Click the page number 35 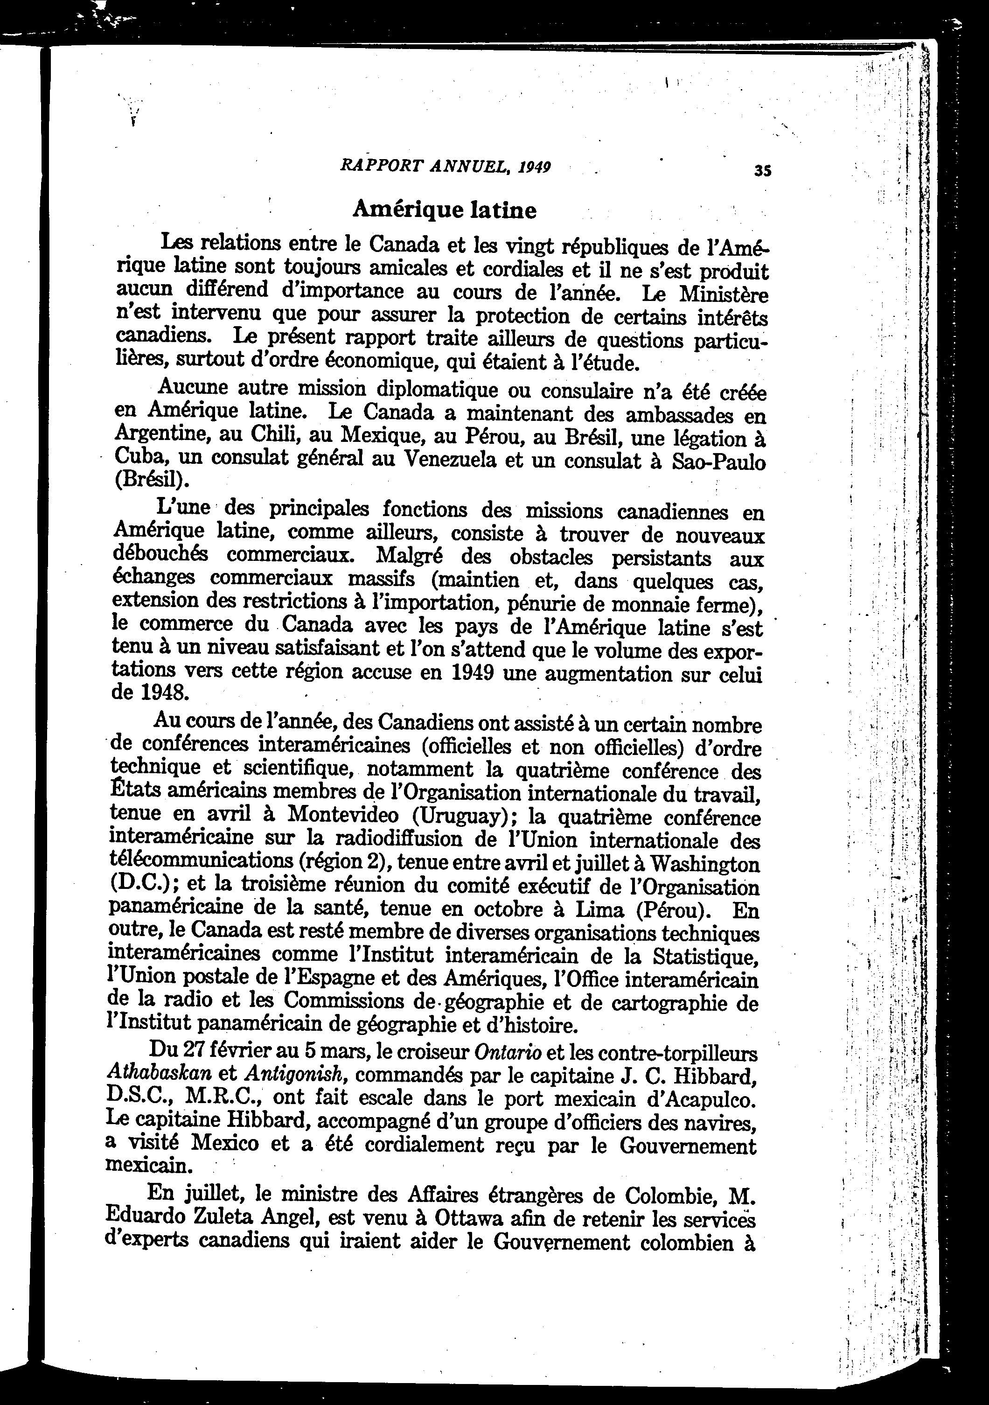pyautogui.click(x=763, y=171)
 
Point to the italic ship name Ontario pyautogui.click(x=508, y=1053)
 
